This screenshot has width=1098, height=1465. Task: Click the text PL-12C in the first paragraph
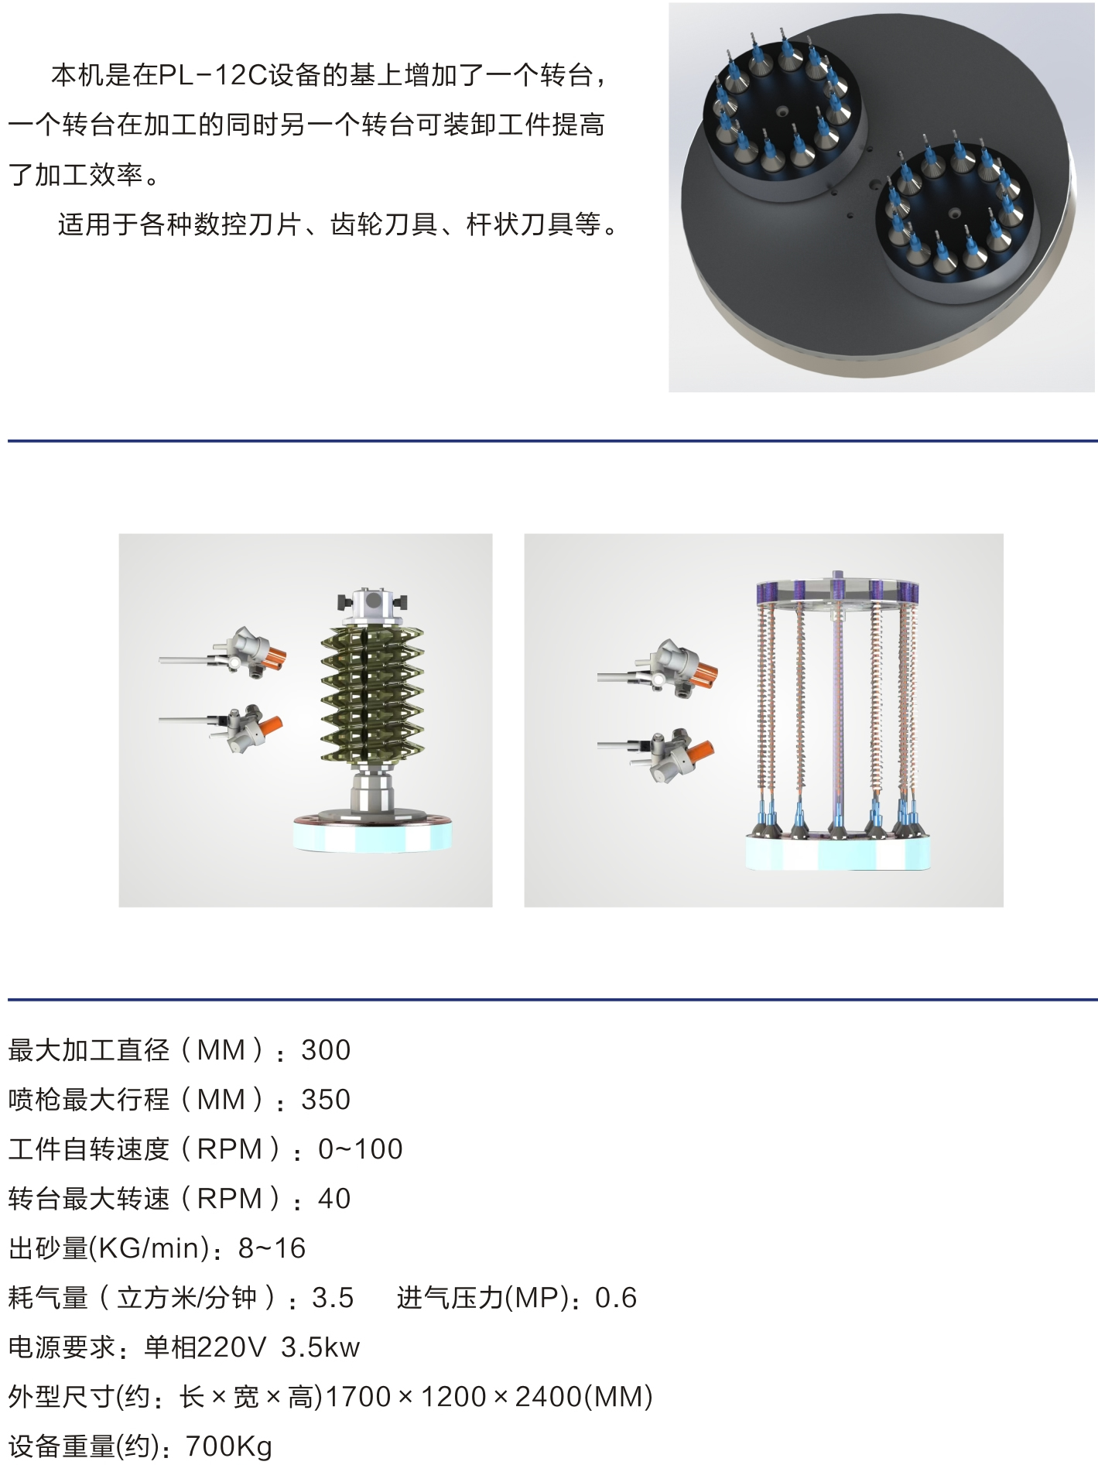tap(214, 75)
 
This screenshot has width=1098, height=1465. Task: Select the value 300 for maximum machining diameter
tap(326, 1050)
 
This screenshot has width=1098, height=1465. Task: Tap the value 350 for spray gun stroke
tap(326, 1100)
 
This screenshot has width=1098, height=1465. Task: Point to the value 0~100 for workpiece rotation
tap(361, 1149)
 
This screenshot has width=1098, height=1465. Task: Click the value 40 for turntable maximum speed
tap(334, 1199)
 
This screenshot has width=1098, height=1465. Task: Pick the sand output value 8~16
tap(272, 1248)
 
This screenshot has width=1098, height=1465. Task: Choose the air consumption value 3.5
tap(333, 1298)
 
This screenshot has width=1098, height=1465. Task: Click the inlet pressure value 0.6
tap(616, 1298)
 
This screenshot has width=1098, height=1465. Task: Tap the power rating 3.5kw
tap(320, 1347)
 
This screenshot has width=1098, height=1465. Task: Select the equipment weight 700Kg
tap(229, 1446)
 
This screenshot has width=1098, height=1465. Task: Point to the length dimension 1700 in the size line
tap(358, 1397)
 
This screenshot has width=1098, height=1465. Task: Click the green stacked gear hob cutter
tap(372, 693)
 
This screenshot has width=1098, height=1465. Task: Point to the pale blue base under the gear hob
tap(372, 836)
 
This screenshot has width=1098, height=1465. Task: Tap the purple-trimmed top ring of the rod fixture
tap(837, 591)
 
